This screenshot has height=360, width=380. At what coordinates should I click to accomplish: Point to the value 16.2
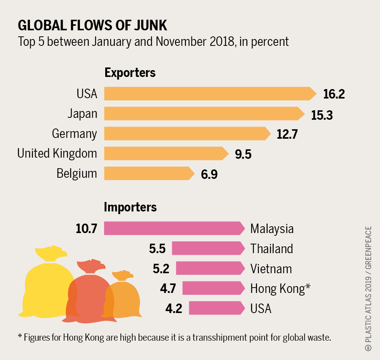tap(334, 94)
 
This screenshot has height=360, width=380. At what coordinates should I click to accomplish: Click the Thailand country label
tap(272, 249)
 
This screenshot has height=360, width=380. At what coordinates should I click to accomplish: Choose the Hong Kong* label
tap(280, 288)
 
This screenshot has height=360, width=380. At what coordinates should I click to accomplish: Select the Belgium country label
tap(77, 174)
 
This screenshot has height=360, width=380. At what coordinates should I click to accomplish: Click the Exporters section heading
tap(130, 72)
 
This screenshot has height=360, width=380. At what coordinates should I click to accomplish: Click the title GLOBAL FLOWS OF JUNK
tap(92, 25)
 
